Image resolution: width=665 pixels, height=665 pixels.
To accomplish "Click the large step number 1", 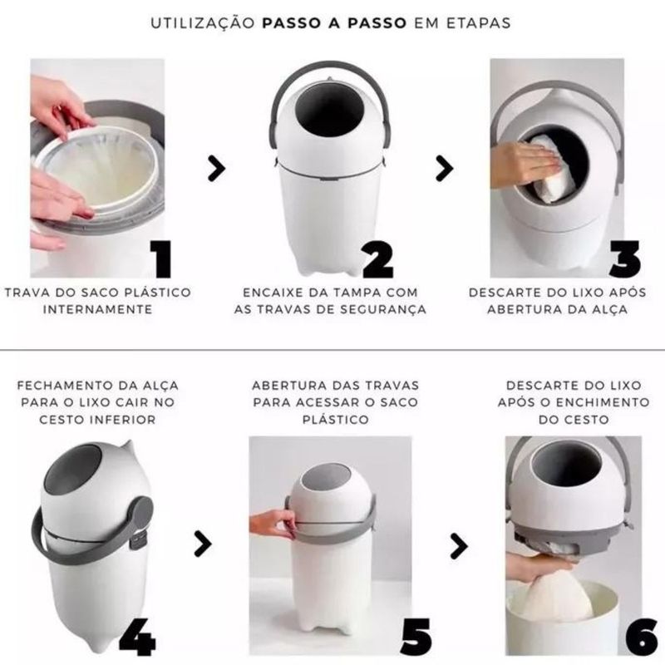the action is click(x=162, y=259).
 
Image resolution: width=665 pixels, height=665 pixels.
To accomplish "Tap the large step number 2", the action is click(x=378, y=259).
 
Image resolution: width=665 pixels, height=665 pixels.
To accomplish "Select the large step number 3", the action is click(x=625, y=259).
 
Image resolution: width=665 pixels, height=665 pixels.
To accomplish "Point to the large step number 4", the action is click(x=137, y=637).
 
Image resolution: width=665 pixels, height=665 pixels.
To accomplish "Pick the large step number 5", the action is click(x=416, y=637).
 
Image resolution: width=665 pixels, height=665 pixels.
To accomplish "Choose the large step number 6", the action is click(x=642, y=637).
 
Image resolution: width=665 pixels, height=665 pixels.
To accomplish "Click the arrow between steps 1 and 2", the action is click(x=216, y=169).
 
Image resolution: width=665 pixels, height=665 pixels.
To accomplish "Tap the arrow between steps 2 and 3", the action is click(x=445, y=169).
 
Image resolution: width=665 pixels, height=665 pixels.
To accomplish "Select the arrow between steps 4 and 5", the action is click(x=203, y=544).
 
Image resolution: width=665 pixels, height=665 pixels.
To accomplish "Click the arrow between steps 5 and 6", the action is click(x=459, y=546).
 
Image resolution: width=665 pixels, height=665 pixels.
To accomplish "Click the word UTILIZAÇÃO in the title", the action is click(x=203, y=23).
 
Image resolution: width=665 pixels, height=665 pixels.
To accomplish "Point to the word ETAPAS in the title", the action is click(x=479, y=23).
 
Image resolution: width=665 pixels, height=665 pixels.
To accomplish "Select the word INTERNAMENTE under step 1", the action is click(x=97, y=309).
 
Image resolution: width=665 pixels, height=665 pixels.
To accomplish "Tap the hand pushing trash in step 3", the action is click(x=524, y=164).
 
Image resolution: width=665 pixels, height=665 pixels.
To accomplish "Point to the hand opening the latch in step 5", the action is click(x=273, y=524).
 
